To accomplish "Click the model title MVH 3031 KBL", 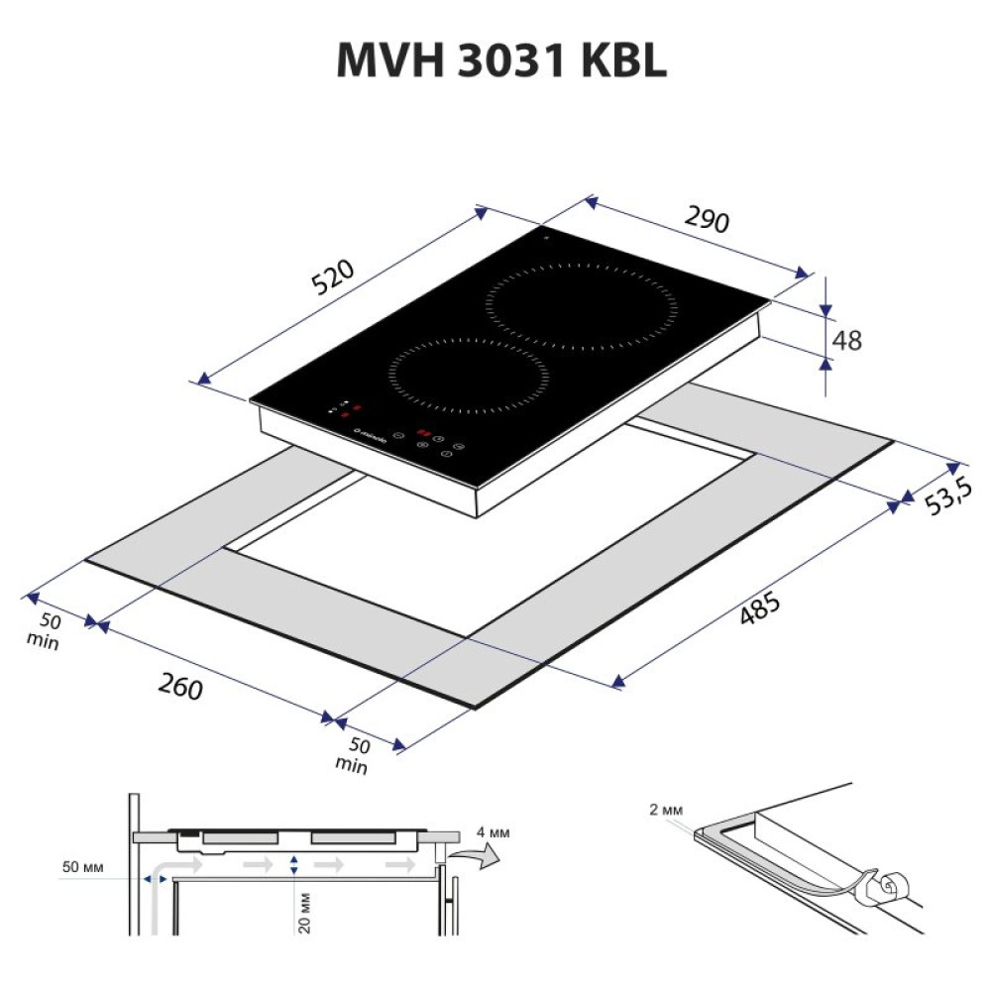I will coord(501,61).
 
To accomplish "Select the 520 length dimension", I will coord(333,276).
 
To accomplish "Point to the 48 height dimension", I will coord(847,340).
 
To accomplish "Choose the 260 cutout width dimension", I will coord(179,685).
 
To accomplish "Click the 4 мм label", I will coord(493,832).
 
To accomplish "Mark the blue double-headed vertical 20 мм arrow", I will coord(294,865).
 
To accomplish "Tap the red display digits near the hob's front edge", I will coord(424,433).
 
